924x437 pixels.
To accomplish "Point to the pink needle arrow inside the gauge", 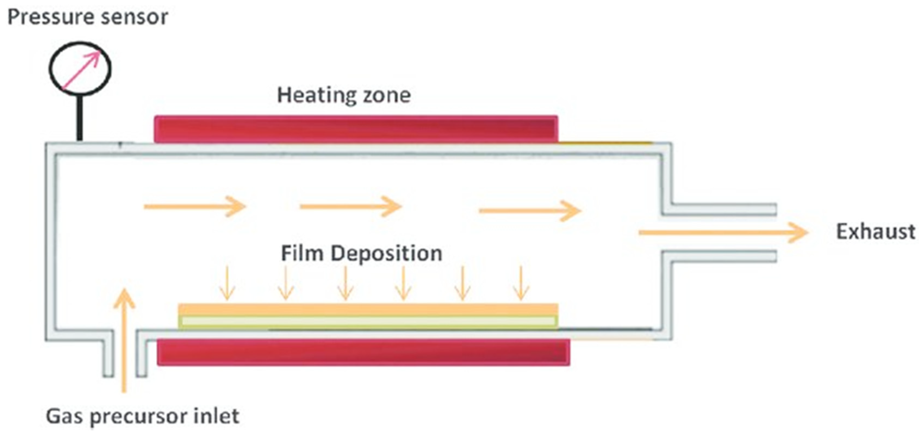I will point(81,70).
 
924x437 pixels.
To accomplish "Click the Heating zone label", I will point(344,96).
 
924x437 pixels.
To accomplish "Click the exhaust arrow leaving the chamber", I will point(723,232).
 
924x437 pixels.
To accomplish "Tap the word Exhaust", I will point(876,232).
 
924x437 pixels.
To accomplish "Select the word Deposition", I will point(386,254).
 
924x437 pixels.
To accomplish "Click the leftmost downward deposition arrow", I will point(227,284).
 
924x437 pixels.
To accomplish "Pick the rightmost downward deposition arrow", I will point(521,284).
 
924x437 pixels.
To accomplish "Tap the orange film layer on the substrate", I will point(368,309).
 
